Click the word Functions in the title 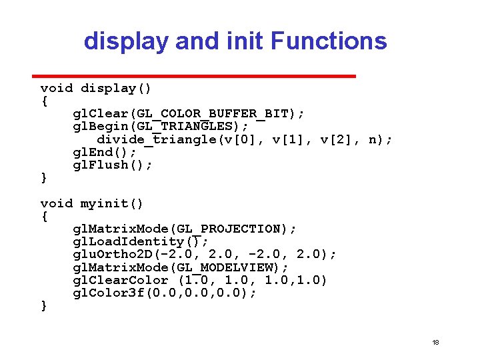(x=329, y=41)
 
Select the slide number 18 (x=435, y=342)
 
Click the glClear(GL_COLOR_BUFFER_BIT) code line (x=189, y=114)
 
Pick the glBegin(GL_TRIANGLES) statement (x=161, y=127)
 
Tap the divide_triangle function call (x=245, y=139)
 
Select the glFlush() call (x=113, y=165)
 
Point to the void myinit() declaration (x=92, y=203)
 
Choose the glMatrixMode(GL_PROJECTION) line (x=185, y=229)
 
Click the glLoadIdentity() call (x=141, y=241)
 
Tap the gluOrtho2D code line (x=205, y=254)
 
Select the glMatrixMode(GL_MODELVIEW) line (x=181, y=267)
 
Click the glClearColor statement (x=200, y=280)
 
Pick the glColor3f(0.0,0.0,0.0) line (x=165, y=293)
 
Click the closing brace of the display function (x=44, y=178)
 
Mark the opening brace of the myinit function (x=44, y=217)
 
